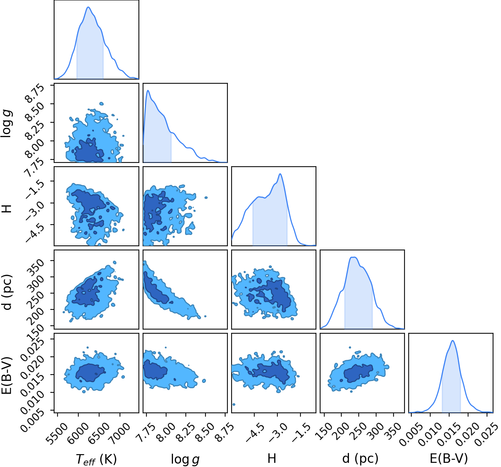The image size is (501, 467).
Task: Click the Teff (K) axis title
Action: coord(96,459)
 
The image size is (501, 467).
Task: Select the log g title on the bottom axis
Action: coord(185,459)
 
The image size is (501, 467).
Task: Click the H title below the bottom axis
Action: coord(272,458)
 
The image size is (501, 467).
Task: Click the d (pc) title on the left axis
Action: coord(8,292)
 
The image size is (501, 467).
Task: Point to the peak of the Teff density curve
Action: coord(88,7)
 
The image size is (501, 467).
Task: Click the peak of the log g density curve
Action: coord(148,90)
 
